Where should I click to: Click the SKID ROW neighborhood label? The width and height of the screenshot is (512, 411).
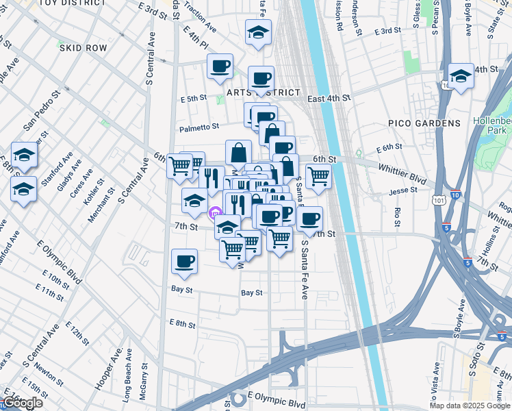pos(83,48)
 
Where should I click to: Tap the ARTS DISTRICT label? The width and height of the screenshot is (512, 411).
pos(264,92)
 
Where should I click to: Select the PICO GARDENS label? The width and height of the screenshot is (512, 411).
pos(424,123)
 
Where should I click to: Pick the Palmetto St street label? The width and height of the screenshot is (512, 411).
pos(199,127)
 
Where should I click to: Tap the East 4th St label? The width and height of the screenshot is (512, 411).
pos(329,99)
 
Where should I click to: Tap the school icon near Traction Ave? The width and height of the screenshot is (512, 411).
pos(258,32)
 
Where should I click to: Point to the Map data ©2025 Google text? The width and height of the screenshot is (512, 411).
pos(470,406)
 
